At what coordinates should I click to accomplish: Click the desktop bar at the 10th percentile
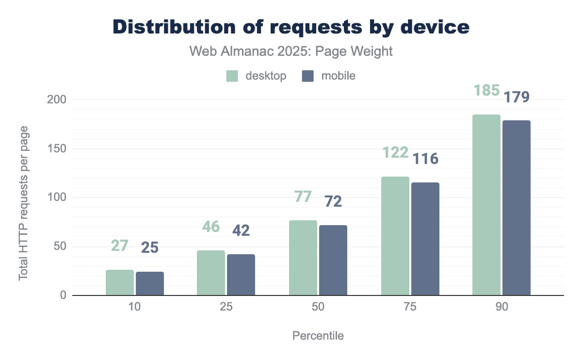(120, 282)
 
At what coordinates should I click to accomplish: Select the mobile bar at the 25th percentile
(241, 275)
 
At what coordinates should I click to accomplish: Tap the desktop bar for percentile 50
(303, 258)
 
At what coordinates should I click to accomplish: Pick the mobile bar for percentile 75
(425, 239)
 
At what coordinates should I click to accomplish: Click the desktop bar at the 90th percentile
(486, 205)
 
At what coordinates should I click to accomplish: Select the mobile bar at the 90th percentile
(517, 208)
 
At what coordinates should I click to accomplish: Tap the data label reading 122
(395, 152)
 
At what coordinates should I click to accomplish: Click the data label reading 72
(333, 201)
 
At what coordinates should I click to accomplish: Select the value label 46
(211, 227)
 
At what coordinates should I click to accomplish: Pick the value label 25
(150, 248)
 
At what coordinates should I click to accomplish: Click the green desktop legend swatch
(232, 76)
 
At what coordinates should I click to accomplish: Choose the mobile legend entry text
(339, 76)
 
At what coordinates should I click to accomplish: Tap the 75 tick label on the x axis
(410, 308)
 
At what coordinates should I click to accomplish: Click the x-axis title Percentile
(318, 336)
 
